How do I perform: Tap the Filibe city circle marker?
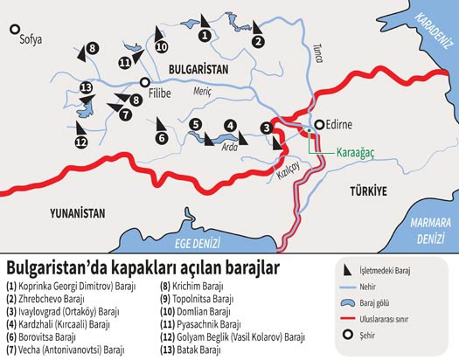[x=143, y=83]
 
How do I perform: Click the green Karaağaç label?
[x=358, y=150]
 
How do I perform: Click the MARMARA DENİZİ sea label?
[x=427, y=231]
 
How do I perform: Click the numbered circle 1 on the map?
[x=204, y=36]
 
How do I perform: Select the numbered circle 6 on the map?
[x=162, y=137]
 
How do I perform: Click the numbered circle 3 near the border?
[x=266, y=129]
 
